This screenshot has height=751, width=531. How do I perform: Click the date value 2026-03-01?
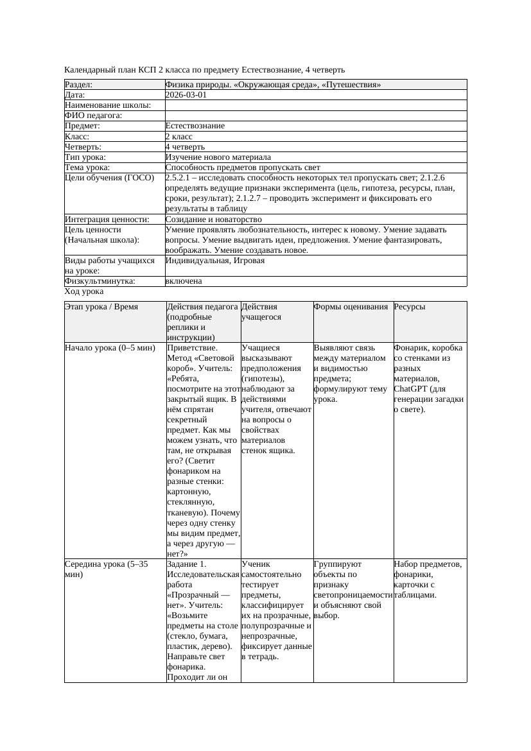click(186, 95)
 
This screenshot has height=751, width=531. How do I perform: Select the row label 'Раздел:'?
click(79, 85)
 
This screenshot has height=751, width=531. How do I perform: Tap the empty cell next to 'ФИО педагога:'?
click(315, 116)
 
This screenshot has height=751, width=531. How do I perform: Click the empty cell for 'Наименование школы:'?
click(315, 105)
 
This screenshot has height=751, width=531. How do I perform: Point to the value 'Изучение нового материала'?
click(218, 157)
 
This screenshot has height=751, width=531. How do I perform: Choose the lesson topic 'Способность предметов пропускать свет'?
click(243, 168)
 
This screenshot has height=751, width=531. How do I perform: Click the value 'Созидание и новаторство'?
click(213, 220)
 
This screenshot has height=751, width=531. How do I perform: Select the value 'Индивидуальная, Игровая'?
click(215, 261)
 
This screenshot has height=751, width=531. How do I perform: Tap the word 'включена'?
click(184, 281)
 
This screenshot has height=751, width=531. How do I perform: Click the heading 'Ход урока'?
click(84, 291)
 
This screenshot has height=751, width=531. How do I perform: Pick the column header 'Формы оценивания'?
click(351, 307)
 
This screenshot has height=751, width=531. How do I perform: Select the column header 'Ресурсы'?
click(410, 307)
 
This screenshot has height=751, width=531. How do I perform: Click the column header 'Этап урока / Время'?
click(101, 307)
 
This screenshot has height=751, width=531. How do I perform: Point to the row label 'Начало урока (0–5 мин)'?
click(110, 348)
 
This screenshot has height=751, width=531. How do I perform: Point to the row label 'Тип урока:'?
click(85, 157)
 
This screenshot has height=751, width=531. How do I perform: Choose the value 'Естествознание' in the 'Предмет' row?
click(195, 126)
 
